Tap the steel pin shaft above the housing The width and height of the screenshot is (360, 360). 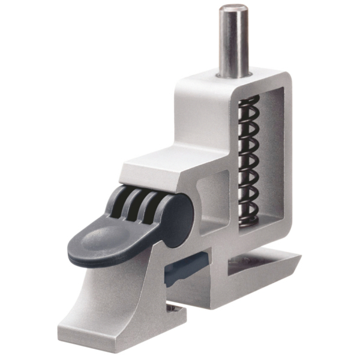(233, 42)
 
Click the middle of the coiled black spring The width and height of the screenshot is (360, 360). (248, 159)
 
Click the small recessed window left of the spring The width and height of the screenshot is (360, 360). (213, 198)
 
